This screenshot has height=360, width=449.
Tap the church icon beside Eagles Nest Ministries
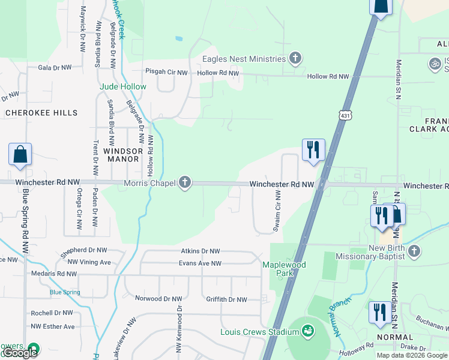[294, 59]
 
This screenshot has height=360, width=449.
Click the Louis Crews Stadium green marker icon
[308, 331]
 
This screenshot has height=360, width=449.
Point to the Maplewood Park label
[284, 268]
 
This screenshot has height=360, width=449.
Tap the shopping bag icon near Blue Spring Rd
[20, 154]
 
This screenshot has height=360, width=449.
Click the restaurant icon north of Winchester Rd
[313, 150]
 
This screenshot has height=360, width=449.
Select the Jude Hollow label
[122, 86]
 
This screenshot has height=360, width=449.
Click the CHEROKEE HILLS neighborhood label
[41, 113]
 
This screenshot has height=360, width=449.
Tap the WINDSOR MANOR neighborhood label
[121, 155]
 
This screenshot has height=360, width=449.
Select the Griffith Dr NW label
[226, 299]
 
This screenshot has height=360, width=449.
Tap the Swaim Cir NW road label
[277, 212]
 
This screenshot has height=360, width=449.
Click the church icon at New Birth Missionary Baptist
[414, 252]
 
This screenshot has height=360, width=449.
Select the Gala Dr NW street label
[55, 68]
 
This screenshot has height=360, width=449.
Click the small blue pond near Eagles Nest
[179, 39]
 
